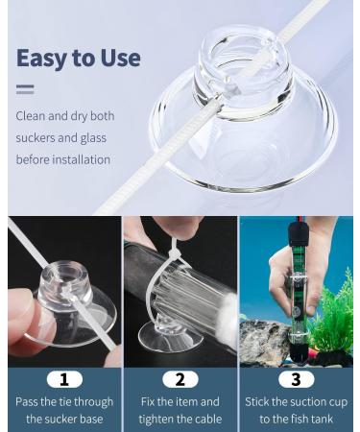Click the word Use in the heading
coord(118,58)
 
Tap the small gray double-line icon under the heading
coord(25,89)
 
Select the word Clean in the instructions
coord(32,116)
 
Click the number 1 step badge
coord(62,378)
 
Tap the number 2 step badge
coord(180,378)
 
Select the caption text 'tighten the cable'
coord(180,419)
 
